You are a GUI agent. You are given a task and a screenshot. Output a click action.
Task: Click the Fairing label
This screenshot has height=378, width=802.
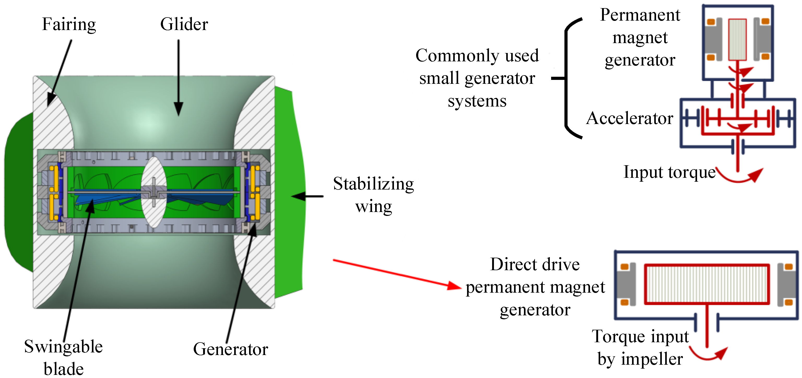69,24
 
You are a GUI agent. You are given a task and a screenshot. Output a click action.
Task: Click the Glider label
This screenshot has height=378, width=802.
184,24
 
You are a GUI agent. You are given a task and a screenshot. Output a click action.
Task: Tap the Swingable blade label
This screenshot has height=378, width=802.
63,357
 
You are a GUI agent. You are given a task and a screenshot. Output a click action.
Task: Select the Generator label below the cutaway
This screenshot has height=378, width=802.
230,349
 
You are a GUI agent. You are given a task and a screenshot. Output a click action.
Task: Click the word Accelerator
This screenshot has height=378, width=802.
629,118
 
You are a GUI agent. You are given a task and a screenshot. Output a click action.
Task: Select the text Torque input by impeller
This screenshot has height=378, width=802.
640,347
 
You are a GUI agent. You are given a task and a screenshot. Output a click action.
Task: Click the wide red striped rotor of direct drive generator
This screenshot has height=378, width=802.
707,284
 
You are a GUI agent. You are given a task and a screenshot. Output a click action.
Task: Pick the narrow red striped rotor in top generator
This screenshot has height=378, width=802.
737,39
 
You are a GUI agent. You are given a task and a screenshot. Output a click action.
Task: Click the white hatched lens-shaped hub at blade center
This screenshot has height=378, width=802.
154,192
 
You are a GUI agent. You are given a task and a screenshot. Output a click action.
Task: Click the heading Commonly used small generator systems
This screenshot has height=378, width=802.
477,78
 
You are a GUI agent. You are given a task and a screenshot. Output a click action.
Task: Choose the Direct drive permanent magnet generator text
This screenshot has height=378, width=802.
535,287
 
